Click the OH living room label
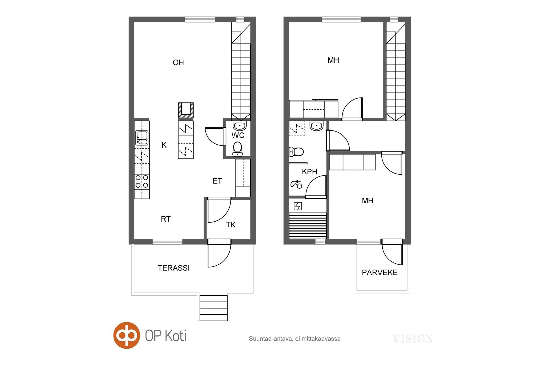178,63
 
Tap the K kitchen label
164,145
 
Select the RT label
166,219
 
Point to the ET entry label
217,181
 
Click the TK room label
231,225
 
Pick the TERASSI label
174,268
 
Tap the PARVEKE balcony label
380,272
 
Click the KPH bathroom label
310,172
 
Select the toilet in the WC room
237,149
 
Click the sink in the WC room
240,125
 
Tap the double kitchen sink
142,138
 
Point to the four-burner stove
142,182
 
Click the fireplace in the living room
186,110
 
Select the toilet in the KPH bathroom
296,152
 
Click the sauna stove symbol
298,206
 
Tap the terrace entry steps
214,308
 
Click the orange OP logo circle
127,335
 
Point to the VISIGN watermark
413,339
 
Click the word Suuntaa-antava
270,339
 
